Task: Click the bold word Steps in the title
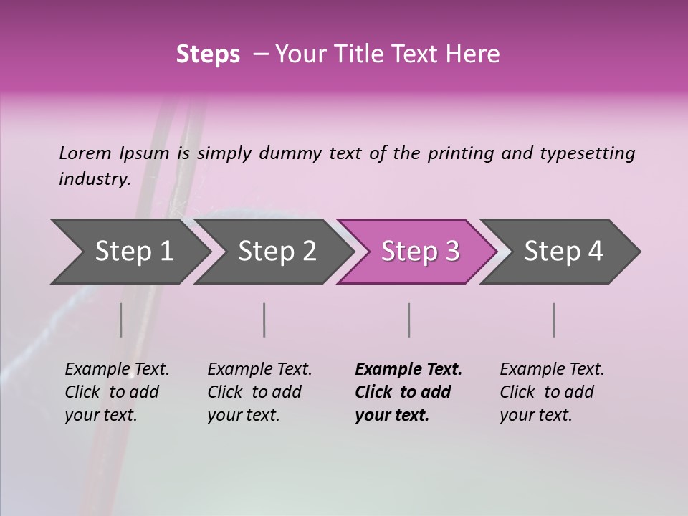(x=208, y=54)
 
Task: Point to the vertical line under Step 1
(x=120, y=320)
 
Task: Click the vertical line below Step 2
(x=264, y=320)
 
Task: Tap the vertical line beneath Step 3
(x=408, y=320)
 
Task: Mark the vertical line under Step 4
(x=553, y=320)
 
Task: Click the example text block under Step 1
(x=117, y=392)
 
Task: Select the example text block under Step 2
(x=259, y=392)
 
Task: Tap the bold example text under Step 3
(x=408, y=392)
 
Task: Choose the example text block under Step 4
(x=552, y=392)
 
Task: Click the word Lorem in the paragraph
(x=85, y=153)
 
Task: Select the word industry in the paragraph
(x=95, y=179)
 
